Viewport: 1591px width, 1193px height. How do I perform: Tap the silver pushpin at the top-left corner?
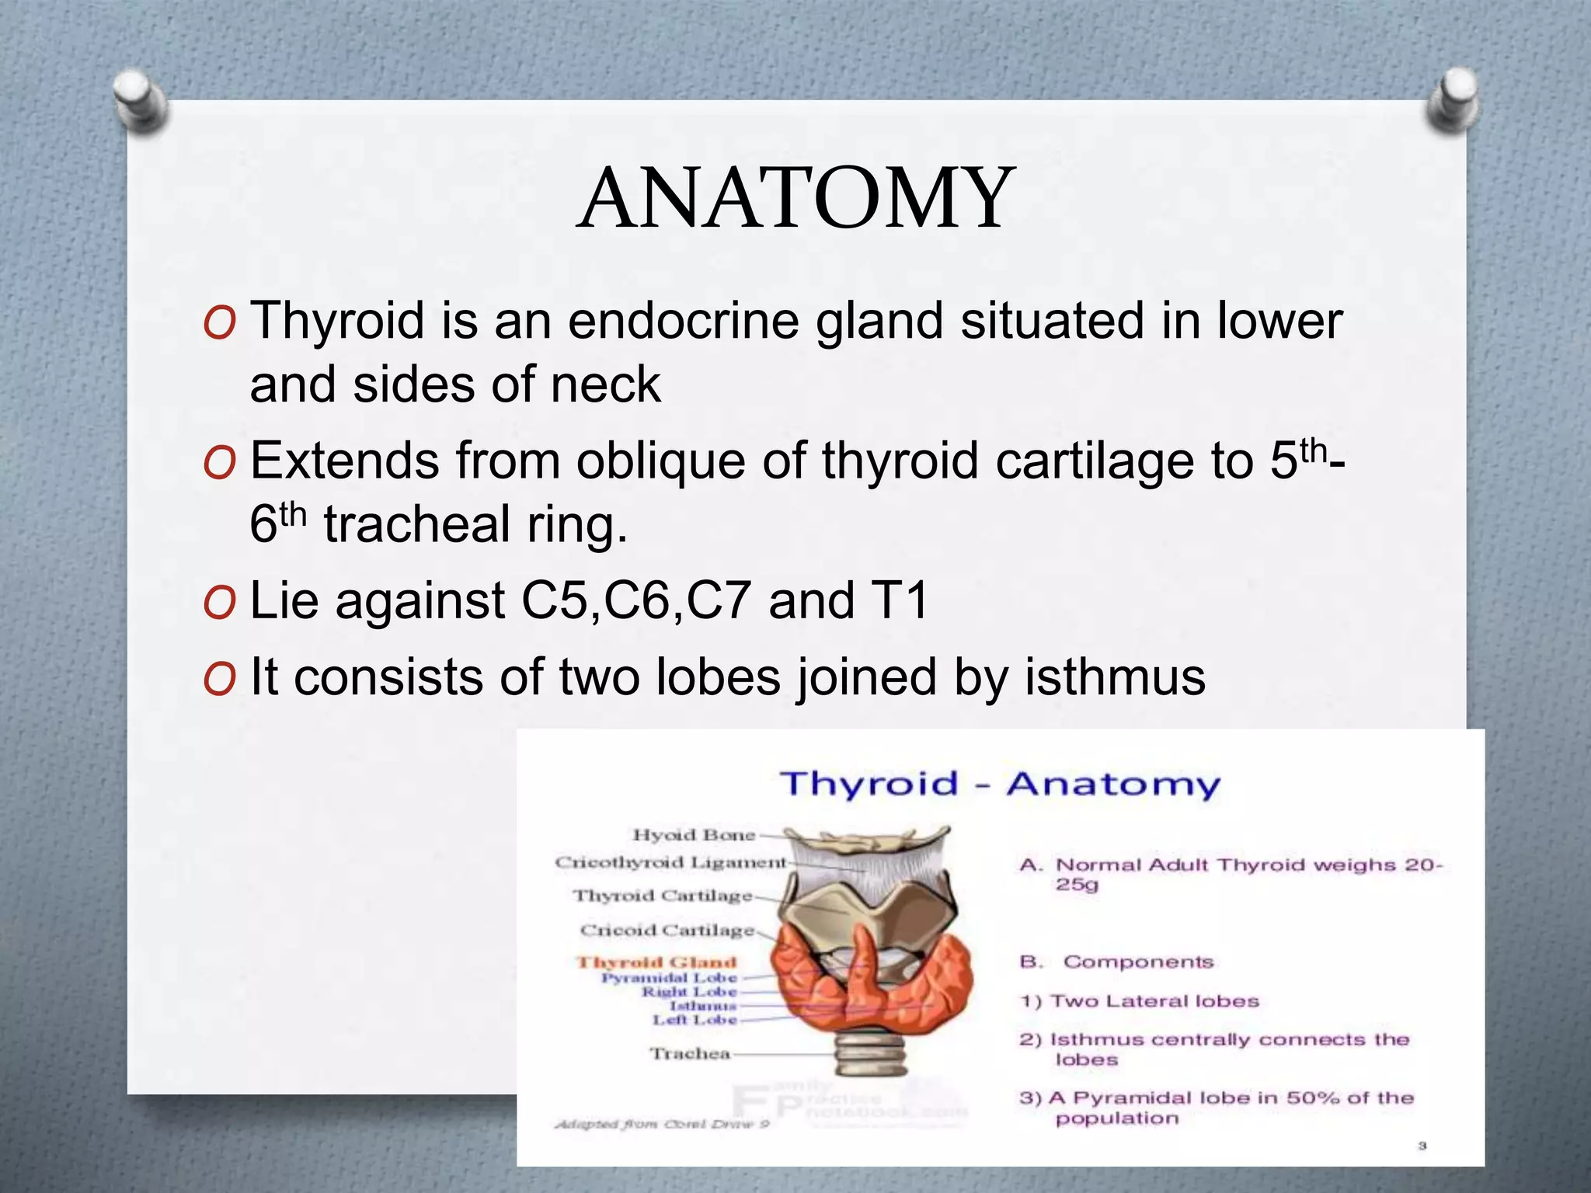(140, 101)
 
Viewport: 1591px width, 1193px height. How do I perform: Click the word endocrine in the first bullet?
(684, 321)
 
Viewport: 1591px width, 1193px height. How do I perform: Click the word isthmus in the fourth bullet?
(1115, 676)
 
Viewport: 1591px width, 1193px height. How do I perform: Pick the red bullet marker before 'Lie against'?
(218, 603)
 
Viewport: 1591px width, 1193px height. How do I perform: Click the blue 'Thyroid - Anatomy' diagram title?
(1000, 784)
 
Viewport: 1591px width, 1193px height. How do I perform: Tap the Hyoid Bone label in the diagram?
(694, 835)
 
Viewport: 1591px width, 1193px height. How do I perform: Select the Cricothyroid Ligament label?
(670, 862)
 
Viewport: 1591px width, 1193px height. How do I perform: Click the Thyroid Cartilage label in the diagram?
(663, 896)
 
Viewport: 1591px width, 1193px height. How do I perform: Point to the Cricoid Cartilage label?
(667, 930)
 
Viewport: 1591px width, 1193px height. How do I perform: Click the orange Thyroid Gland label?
(656, 962)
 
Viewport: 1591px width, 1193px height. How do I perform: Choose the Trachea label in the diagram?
(690, 1053)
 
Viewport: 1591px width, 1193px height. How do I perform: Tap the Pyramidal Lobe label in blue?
(669, 978)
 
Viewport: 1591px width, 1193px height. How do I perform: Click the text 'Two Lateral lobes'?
(1154, 1001)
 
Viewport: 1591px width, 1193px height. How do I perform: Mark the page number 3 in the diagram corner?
(1422, 1146)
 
